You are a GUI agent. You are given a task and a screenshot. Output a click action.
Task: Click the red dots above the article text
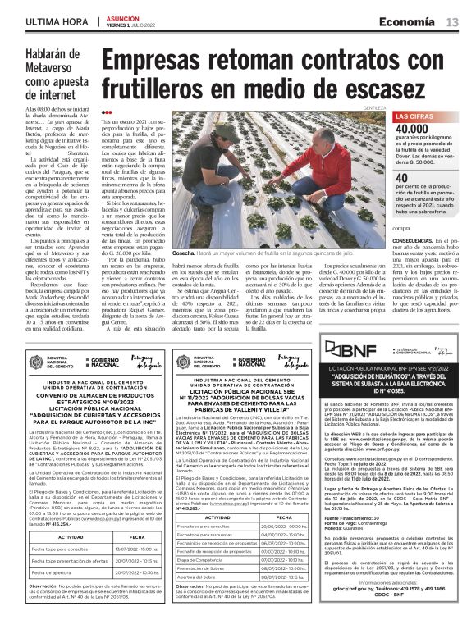click(106, 112)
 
